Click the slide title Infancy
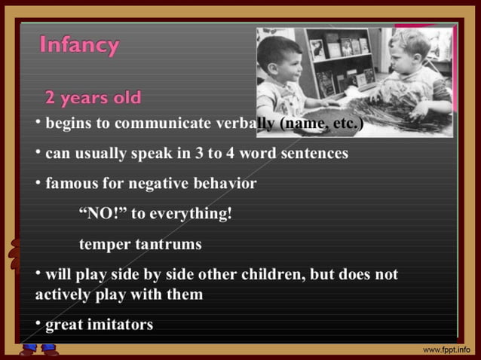79,47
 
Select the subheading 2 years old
93,99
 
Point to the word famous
70,184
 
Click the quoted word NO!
103,214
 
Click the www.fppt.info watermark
449,350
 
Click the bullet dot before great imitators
38,324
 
